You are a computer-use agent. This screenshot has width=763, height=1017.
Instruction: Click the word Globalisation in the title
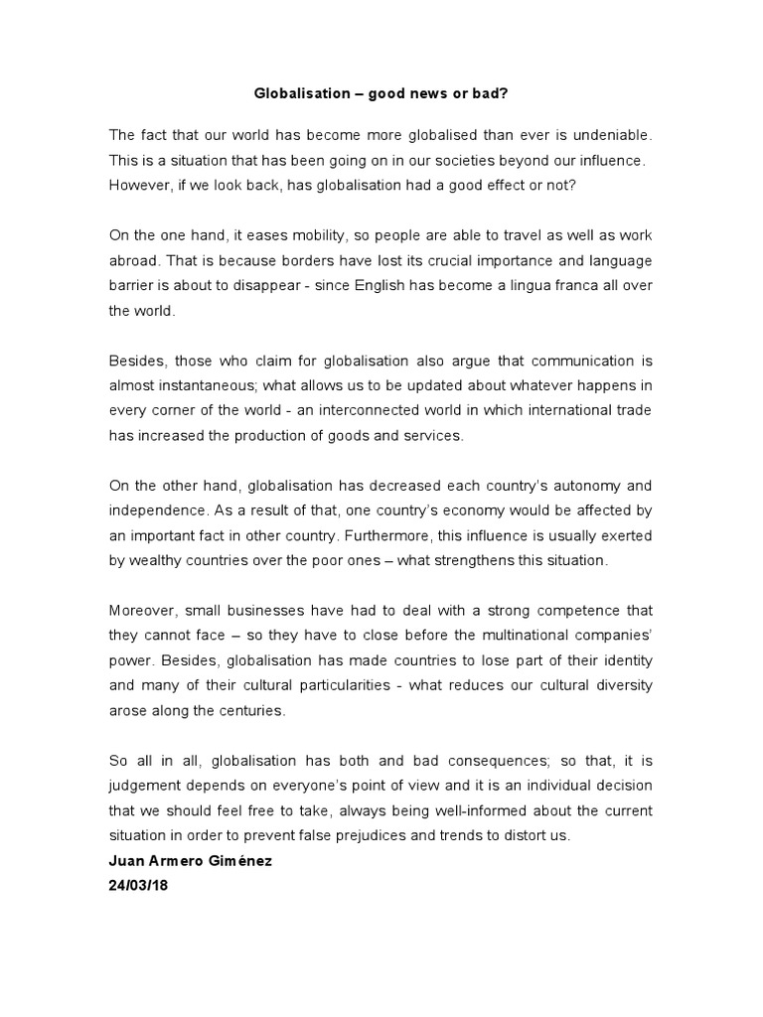[300, 95]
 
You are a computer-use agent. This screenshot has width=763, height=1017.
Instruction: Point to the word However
[140, 184]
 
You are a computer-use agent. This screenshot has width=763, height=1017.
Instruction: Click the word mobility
[287, 234]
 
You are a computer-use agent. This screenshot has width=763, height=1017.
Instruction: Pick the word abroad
[134, 260]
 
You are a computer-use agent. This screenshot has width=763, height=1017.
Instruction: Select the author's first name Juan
[127, 861]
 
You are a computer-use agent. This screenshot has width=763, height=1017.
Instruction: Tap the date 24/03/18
[140, 886]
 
